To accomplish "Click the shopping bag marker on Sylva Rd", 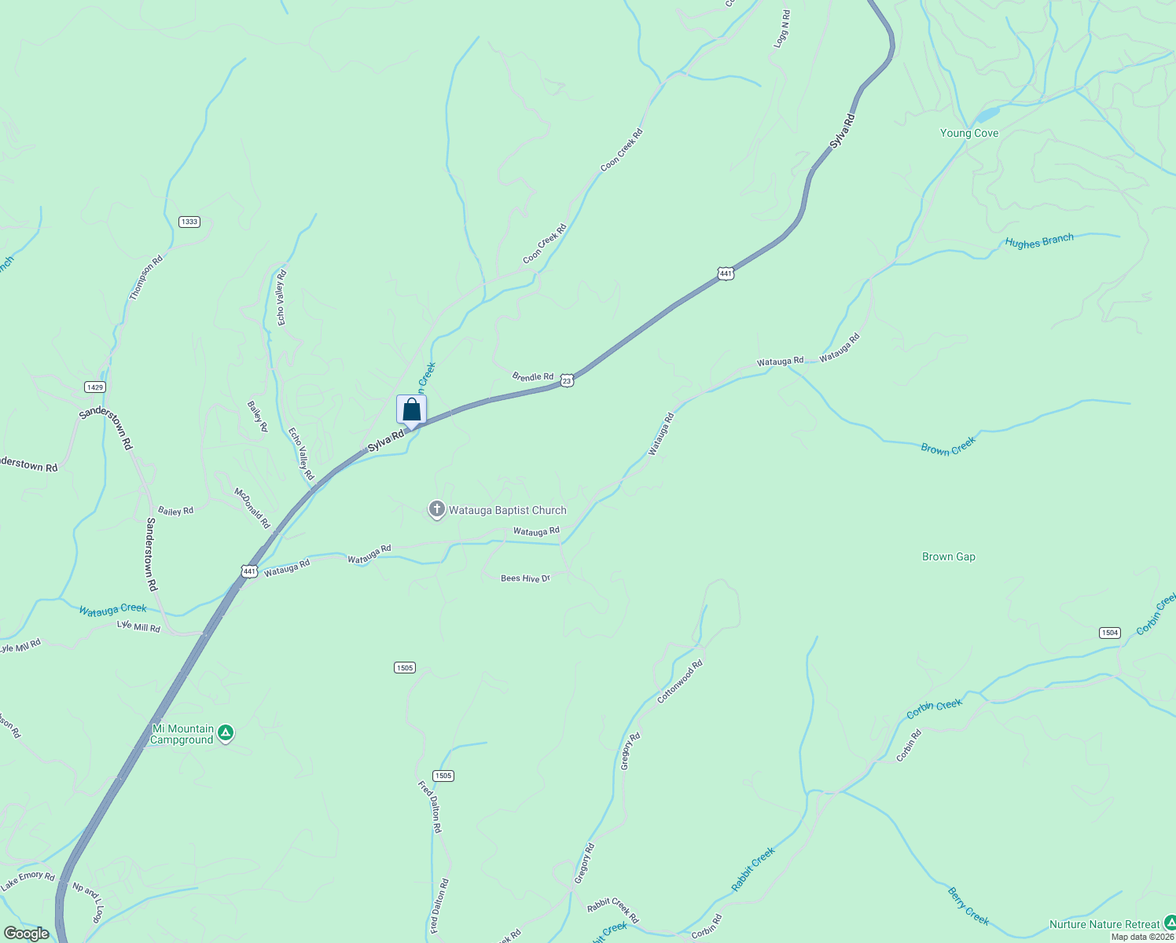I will tap(411, 410).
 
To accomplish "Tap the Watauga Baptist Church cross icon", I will tap(436, 510).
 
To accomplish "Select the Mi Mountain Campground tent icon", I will tap(226, 734).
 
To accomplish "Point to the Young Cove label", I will tap(968, 134).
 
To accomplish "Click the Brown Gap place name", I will tap(948, 557).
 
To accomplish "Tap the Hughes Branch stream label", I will tap(1038, 242).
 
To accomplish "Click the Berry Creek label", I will tap(968, 906).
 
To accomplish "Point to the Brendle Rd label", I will tap(533, 377).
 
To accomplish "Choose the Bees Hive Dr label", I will tap(525, 578).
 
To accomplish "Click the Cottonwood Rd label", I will tap(679, 681).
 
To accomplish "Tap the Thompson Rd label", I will tap(146, 277).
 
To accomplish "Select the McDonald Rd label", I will tap(252, 508).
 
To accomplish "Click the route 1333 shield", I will tap(189, 222).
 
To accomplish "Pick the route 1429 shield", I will tap(95, 387).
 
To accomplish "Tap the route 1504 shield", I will tap(1109, 633).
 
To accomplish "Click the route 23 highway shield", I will tap(567, 380).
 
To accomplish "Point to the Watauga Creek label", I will tap(112, 609).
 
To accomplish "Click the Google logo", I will tap(26, 934).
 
